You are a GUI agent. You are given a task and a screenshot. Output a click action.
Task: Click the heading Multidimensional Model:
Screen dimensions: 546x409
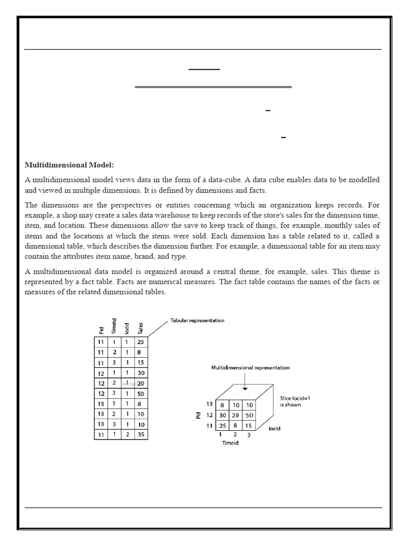(69, 165)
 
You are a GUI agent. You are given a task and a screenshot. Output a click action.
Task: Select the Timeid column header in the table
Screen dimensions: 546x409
(113, 325)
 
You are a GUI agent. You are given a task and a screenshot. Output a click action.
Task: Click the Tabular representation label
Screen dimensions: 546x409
(197, 320)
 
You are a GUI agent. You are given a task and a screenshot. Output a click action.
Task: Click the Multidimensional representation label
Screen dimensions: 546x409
(250, 368)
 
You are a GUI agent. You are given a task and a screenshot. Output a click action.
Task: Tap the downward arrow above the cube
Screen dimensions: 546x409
(244, 380)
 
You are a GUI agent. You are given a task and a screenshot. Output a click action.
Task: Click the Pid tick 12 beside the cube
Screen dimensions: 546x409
(209, 415)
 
